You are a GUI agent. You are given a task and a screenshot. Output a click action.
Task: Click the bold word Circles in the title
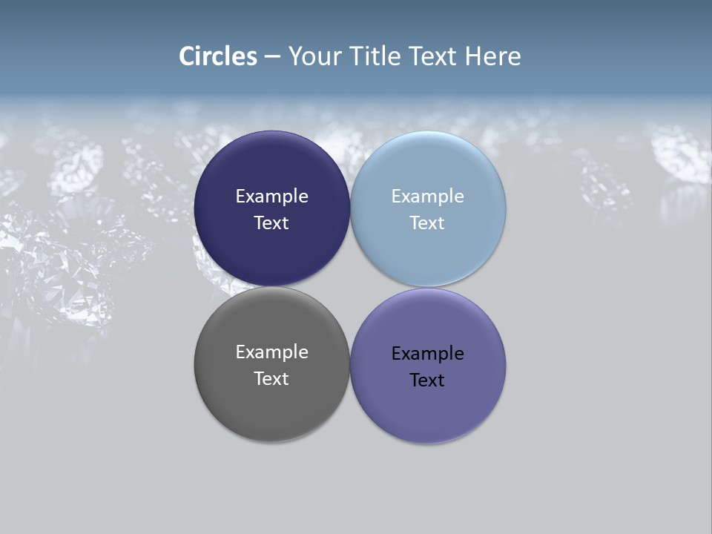[218, 56]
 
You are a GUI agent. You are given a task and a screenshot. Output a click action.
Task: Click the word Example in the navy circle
[271, 197]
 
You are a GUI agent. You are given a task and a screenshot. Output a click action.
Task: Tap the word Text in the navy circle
[271, 223]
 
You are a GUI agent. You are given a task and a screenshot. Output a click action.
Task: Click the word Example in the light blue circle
[427, 197]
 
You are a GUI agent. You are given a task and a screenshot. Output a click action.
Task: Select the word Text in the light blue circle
[427, 223]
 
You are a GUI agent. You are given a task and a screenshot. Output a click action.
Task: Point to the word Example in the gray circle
[271, 352]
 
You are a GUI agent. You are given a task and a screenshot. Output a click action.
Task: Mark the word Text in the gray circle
[271, 379]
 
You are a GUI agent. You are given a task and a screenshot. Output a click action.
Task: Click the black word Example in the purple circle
[427, 354]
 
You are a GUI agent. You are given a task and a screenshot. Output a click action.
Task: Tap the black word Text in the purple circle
[427, 380]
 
